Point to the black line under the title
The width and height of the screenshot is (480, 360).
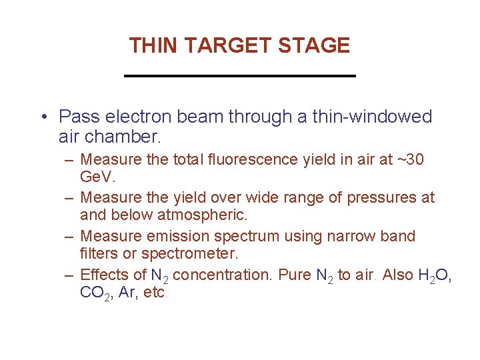[240, 76]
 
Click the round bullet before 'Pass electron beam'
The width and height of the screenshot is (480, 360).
[43, 117]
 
